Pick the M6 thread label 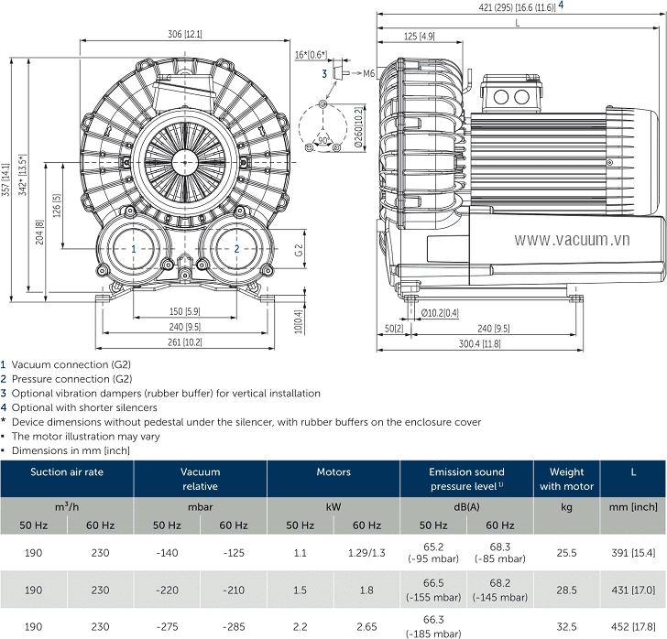coord(369,73)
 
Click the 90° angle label coord(323,140)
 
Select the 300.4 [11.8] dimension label coord(479,343)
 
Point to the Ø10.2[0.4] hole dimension coord(441,313)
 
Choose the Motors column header coord(333,472)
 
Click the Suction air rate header coord(67,472)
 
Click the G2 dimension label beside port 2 coord(299,248)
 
